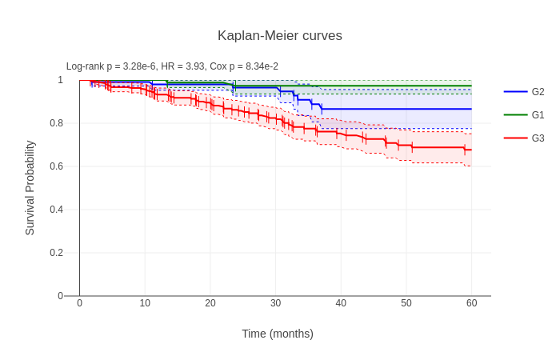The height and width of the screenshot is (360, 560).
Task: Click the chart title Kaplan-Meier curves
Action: [279, 36]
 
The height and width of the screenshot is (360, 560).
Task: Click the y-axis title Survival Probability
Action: [30, 188]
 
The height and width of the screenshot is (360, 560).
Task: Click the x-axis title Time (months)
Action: [278, 334]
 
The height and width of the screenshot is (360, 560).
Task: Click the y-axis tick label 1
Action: [60, 80]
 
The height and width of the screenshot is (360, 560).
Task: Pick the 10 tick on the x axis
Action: [145, 303]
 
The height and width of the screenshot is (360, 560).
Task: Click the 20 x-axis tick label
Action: [210, 303]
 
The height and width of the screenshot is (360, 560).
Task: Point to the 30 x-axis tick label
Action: [276, 303]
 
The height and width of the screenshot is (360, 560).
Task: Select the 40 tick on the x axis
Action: [341, 303]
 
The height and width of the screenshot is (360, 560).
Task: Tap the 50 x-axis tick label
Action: [406, 303]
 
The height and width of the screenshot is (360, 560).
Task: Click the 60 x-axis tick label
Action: [472, 303]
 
